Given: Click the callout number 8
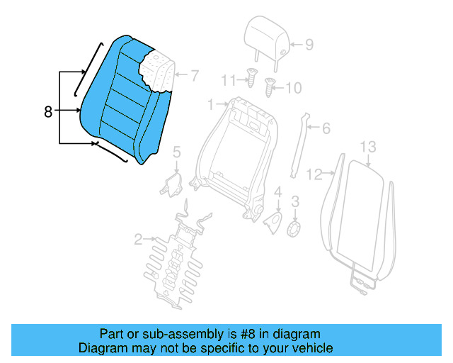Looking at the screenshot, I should tap(48, 111).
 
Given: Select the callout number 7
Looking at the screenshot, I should tap(194, 74).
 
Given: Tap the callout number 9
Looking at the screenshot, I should tap(309, 44).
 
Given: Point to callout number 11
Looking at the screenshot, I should tap(227, 78).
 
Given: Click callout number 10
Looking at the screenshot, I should tap(293, 88).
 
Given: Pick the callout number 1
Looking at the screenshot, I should tap(210, 105).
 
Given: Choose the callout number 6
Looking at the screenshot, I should tap(326, 128).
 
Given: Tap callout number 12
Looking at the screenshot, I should tap(313, 172).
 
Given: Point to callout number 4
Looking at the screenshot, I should tap(278, 191).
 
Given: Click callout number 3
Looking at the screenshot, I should tap(296, 201).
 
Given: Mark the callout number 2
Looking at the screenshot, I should tap(139, 240).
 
